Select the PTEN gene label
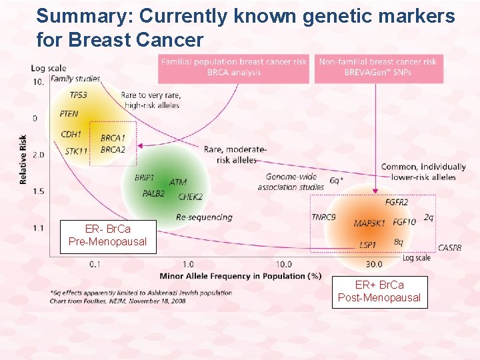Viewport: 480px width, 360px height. point(69,114)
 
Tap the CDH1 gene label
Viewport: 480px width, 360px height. point(71,134)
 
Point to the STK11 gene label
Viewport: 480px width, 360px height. point(76,151)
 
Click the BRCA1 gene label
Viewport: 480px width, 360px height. point(113,138)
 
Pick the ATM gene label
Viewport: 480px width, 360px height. point(178,182)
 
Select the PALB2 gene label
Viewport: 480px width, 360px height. point(154,194)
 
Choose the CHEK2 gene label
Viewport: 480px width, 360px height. point(190,197)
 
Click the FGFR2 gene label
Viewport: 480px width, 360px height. point(397,202)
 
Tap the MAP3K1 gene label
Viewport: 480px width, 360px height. point(369,223)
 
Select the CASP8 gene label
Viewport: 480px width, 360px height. point(449,248)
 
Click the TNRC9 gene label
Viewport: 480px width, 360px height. point(323,217)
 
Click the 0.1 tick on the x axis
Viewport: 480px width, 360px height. point(96,264)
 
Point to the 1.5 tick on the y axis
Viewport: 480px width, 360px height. point(38,191)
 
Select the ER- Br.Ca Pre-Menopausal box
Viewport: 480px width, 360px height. point(107,235)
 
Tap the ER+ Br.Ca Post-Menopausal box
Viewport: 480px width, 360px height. point(379,291)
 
